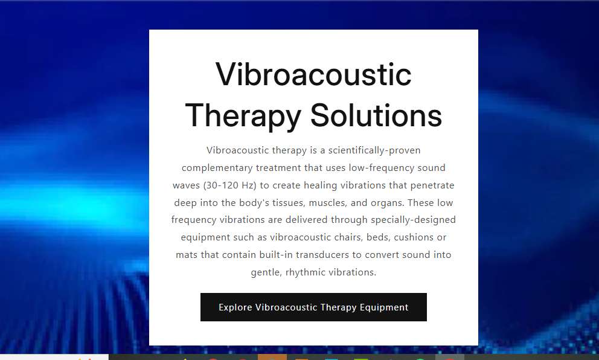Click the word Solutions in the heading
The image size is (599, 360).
[x=376, y=115]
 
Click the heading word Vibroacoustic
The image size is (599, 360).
[x=313, y=74]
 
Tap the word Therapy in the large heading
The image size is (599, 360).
[x=243, y=116]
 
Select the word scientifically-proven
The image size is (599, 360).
[x=374, y=150]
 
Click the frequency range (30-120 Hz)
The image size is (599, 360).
[x=229, y=185]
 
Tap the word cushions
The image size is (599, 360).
[x=414, y=237]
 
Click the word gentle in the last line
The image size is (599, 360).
[x=266, y=272]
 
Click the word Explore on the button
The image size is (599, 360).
[x=235, y=307]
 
